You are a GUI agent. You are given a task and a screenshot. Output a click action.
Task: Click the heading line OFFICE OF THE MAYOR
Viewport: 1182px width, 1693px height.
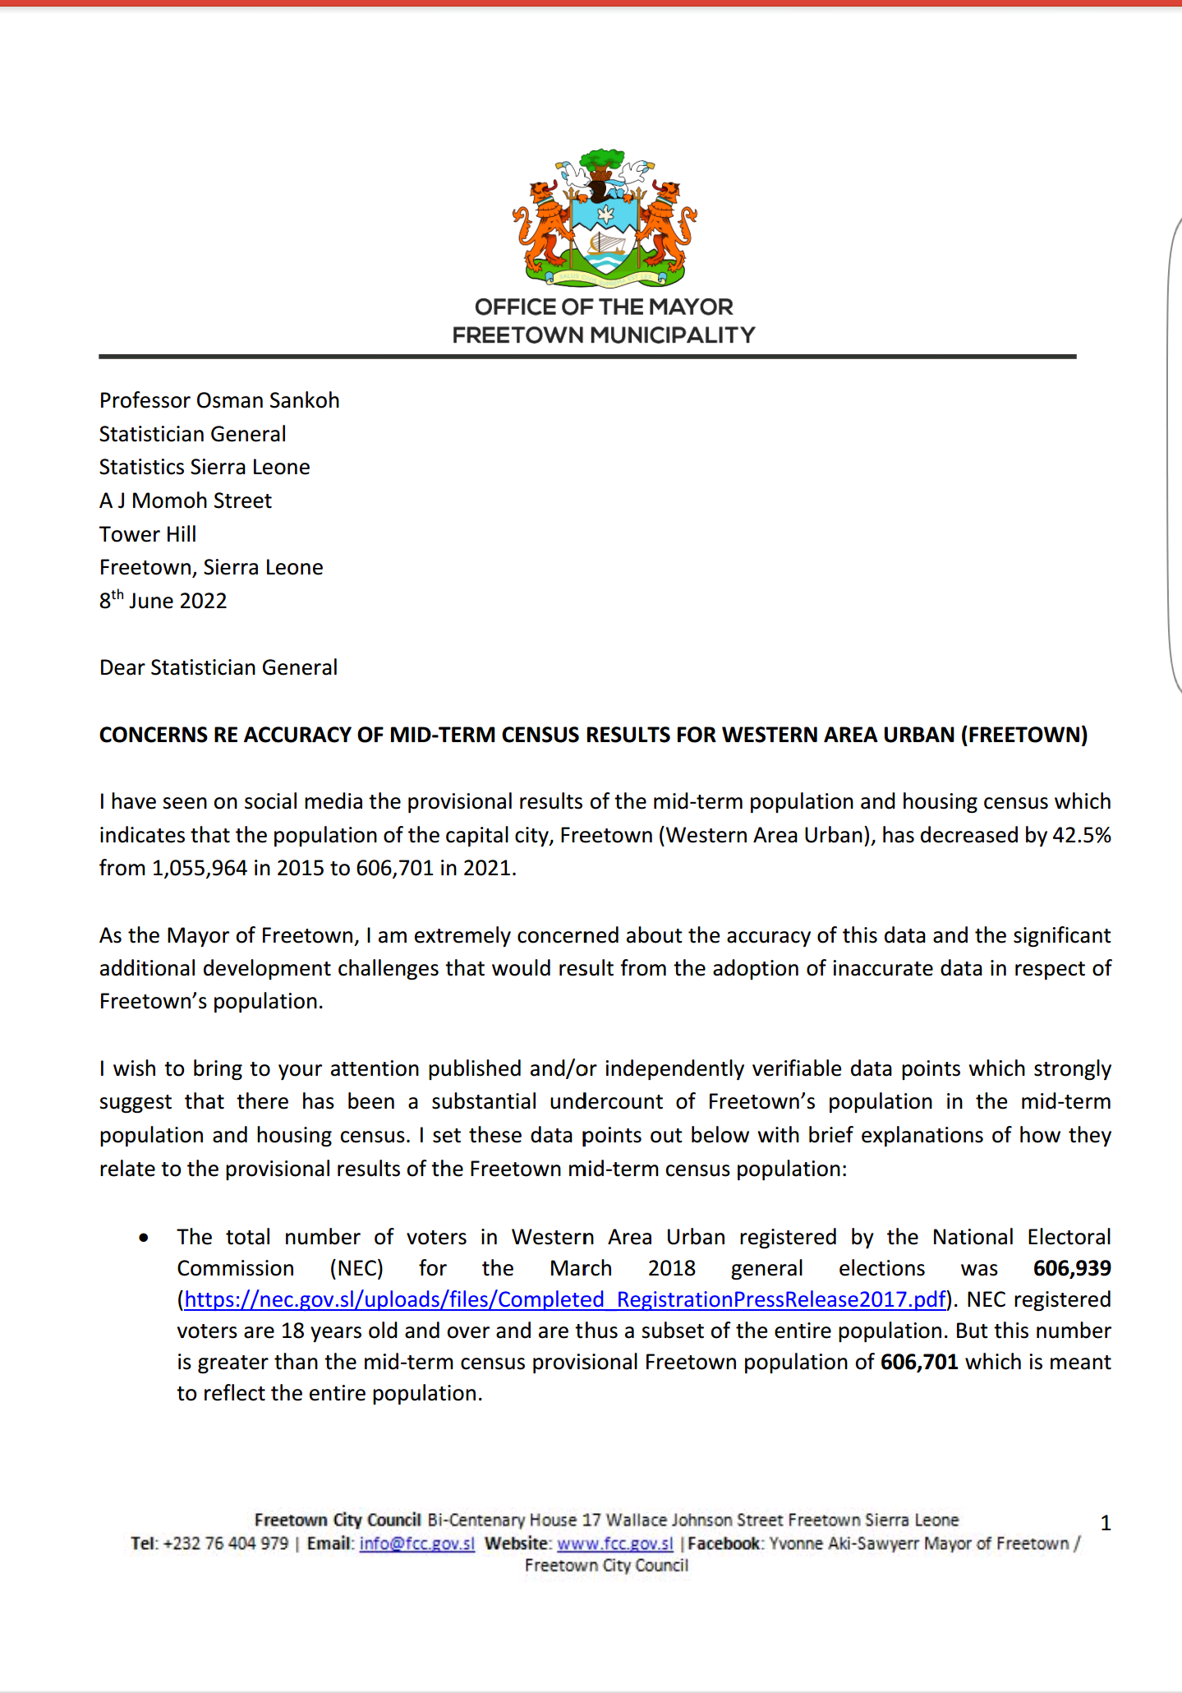604,307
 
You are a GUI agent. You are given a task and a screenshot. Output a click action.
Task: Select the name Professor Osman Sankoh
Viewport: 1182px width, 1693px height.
219,400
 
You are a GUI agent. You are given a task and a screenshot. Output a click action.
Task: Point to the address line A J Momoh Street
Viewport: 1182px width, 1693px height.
186,501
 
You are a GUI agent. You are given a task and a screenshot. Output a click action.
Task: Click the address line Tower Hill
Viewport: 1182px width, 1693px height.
148,534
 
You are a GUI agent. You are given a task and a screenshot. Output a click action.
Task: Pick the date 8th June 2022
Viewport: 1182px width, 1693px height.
163,601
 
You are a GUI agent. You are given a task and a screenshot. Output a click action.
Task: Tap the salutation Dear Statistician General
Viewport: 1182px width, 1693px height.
218,667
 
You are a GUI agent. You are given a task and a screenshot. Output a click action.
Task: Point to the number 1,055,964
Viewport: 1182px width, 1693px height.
200,868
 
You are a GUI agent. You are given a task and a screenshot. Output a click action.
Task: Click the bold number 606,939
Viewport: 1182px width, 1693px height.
1072,1268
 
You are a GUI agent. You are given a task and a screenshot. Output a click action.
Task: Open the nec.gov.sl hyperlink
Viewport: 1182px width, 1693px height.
565,1299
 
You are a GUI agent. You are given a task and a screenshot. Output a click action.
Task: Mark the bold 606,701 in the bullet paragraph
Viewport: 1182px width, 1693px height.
919,1362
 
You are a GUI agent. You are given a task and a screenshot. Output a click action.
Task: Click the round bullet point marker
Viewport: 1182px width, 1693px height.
145,1238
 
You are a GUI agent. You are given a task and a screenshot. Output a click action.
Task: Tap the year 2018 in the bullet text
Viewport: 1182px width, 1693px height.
671,1268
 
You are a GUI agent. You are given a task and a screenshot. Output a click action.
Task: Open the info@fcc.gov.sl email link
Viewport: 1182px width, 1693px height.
417,1543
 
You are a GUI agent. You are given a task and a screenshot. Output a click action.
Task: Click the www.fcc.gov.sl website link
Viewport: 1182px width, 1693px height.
615,1543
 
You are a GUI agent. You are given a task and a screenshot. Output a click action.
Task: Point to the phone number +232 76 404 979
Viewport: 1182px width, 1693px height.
226,1543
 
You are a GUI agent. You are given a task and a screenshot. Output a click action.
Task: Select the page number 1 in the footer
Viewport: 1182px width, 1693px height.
1106,1523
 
